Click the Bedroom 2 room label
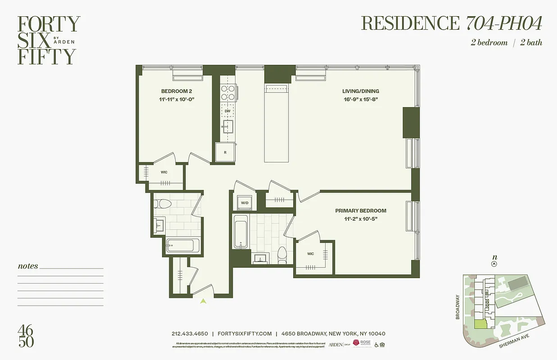coord(173,91)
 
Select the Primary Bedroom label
coord(360,211)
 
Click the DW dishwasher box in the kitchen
coord(227,110)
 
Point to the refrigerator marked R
coord(225,153)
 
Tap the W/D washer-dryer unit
coord(245,203)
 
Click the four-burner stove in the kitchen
coord(227,92)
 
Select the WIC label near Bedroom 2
coord(164,172)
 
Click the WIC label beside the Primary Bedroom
coord(310,254)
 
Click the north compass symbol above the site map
coord(494,264)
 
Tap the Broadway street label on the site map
coord(458,307)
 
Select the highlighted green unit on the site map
coord(481,324)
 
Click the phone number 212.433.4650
coord(190,334)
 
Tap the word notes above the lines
coord(28,266)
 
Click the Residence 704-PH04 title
coord(452,23)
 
